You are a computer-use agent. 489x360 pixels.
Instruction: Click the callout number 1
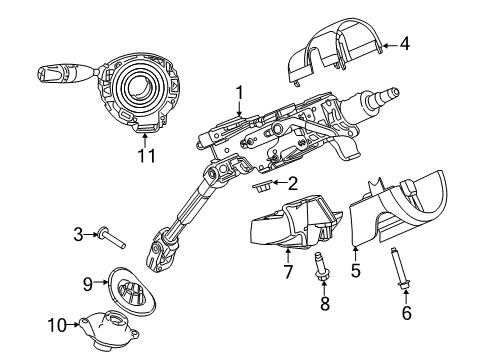240,94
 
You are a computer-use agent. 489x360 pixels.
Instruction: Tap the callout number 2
293,183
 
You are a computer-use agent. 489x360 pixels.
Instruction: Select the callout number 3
77,233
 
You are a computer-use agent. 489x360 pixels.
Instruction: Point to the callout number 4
405,43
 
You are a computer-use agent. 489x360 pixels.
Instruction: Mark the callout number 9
86,283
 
